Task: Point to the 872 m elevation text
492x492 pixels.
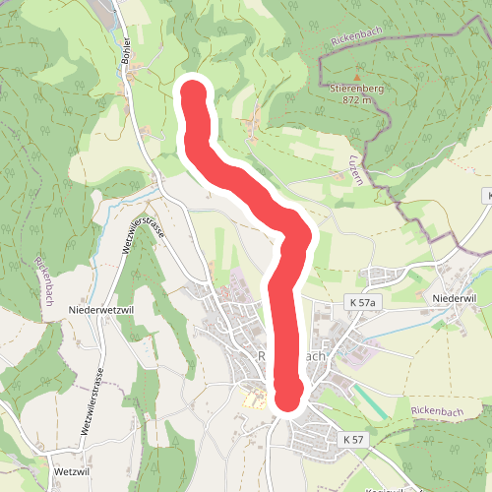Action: (357, 99)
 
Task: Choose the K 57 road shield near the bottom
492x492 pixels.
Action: (355, 438)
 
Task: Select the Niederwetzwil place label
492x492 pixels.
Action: (100, 309)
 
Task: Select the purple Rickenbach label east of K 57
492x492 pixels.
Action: (436, 409)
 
